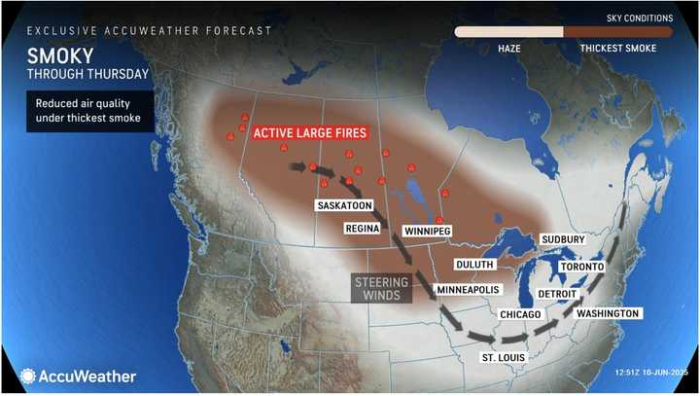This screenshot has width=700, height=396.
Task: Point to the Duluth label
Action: tap(476, 264)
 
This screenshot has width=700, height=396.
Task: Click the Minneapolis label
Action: tap(470, 290)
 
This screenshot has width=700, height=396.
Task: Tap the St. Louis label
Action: tap(504, 357)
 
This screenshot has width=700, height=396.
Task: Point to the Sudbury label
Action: tap(563, 238)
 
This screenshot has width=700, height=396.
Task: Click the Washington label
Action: tap(608, 314)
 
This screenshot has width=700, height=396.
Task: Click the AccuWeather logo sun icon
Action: tap(28, 376)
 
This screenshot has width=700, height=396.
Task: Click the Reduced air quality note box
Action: tap(89, 111)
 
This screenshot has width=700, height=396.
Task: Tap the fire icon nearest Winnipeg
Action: tap(439, 220)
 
